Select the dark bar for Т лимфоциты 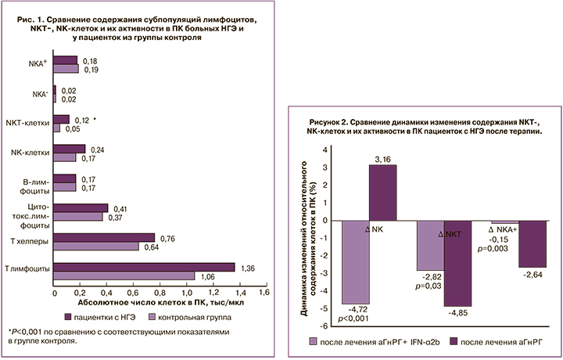144,267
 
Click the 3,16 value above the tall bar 382,160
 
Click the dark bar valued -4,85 457,263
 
